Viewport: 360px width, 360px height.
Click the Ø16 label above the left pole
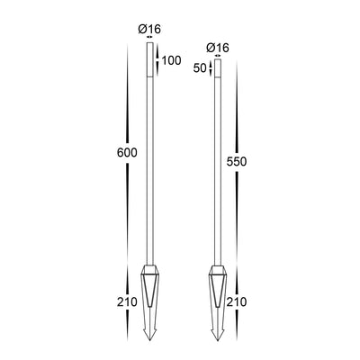149,29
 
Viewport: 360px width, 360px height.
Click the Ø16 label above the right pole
218,48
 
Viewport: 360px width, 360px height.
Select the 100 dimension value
171,60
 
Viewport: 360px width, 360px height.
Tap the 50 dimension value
200,68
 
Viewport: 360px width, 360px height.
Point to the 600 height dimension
127,153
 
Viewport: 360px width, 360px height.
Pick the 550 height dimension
237,162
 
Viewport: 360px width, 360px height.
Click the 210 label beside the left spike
127,302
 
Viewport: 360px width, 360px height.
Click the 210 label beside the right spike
237,302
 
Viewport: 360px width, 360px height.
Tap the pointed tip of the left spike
149,340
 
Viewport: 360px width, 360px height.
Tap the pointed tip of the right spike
218,340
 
